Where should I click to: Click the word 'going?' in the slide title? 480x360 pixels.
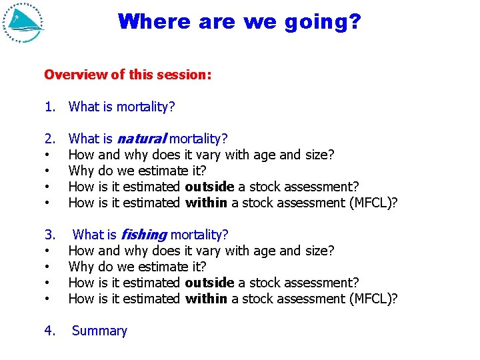click(323, 21)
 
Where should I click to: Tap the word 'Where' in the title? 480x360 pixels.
click(153, 21)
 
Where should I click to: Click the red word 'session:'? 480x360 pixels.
click(184, 75)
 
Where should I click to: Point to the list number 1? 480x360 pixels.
click(49, 107)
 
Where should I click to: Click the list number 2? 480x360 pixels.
click(49, 139)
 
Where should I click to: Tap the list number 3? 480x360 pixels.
click(49, 235)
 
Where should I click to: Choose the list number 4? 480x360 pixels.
click(49, 331)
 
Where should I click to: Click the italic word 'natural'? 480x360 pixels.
click(141, 139)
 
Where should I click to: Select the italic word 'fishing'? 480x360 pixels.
click(142, 235)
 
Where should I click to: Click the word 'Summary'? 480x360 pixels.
click(99, 331)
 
